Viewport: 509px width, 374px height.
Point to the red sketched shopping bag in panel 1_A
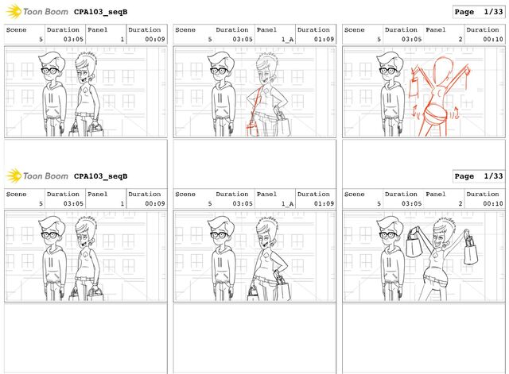click(252, 129)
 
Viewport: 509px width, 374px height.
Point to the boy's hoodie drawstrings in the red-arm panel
click(220, 98)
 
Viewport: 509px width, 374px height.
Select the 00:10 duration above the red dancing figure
click(493, 39)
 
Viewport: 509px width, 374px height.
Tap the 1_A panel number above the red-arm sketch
click(287, 40)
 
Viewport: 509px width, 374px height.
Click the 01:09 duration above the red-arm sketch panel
click(324, 39)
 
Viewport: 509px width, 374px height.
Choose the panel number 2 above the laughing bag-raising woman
click(460, 203)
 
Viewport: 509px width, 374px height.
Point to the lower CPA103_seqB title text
click(101, 176)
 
